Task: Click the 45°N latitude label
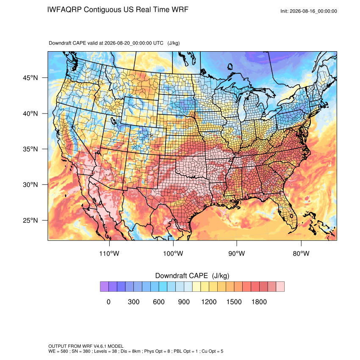[x=30, y=78]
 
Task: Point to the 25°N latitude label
[x=30, y=220]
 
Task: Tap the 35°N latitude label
[x=30, y=149]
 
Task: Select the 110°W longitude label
[x=109, y=253]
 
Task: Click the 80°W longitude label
[x=301, y=253]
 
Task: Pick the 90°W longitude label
[x=237, y=253]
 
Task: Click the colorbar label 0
[x=108, y=302]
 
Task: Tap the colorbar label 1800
[x=259, y=302]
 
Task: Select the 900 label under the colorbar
[x=184, y=302]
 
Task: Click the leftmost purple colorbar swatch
[x=104, y=287]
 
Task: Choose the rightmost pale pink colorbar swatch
[x=280, y=287]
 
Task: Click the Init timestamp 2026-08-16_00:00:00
[x=313, y=11]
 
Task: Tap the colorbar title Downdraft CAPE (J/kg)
[x=192, y=276]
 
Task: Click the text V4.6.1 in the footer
[x=100, y=346]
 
